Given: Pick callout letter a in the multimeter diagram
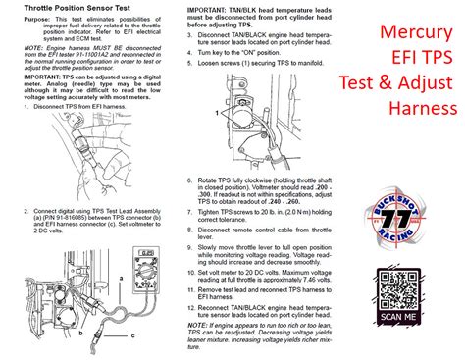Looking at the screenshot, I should tap(120, 279).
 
